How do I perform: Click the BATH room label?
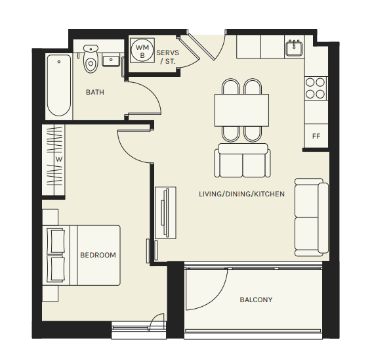pos(95,92)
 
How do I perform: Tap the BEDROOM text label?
pos(98,255)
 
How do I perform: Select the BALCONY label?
pos(256,300)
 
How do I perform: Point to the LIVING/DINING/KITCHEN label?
pos(241,194)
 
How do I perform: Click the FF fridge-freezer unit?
pos(316,136)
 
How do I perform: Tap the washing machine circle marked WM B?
pos(142,51)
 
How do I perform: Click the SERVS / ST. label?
pos(168,57)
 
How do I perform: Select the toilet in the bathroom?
pos(91,58)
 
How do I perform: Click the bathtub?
pos(59,85)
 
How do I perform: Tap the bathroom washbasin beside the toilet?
pos(111,60)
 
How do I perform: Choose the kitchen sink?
pos(294,48)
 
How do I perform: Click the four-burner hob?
pos(316,88)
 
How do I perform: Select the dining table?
pos(241,110)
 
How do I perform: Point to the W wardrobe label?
pos(59,159)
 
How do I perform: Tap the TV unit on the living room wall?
pos(165,213)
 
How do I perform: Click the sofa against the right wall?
pos(312,217)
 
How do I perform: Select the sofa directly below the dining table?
pos(243,160)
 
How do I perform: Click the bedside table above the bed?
pos(51,217)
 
